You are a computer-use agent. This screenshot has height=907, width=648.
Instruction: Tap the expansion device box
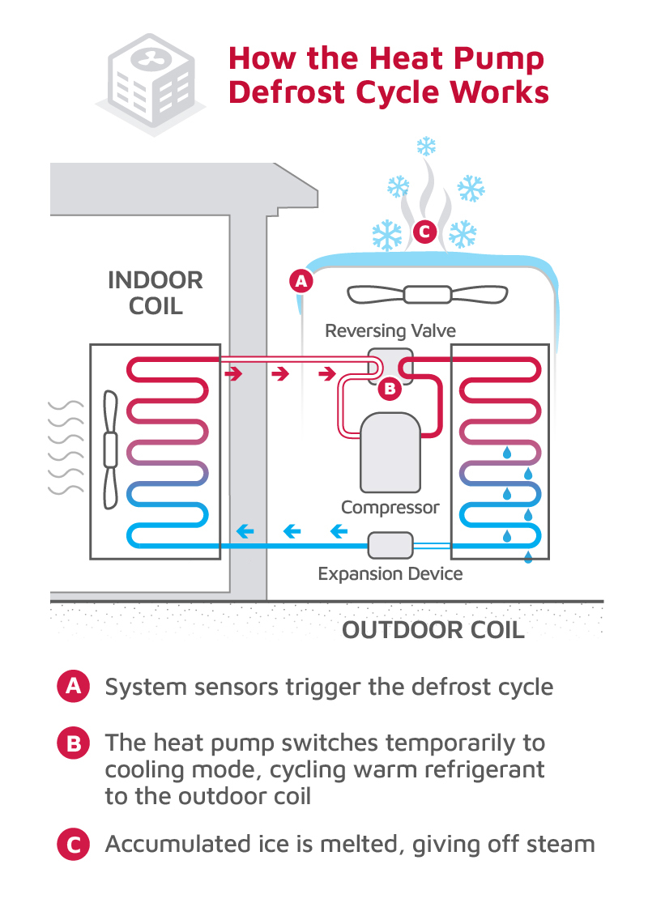[390, 544]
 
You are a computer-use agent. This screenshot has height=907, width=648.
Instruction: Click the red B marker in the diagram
[390, 389]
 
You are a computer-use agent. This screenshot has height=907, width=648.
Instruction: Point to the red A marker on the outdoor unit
[301, 282]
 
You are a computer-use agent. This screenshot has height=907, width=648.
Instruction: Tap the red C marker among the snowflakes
[424, 232]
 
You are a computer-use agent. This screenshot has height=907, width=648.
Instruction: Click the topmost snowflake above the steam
[425, 147]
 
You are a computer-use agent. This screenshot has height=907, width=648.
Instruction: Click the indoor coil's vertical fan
[111, 450]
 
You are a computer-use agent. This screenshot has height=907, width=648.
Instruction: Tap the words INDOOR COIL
[155, 293]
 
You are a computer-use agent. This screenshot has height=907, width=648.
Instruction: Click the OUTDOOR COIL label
[433, 630]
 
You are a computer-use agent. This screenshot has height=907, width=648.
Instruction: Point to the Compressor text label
[390, 508]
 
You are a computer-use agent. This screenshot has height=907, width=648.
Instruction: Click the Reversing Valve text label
[390, 330]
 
